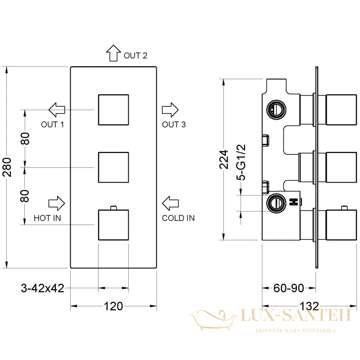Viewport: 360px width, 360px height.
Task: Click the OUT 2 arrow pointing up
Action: click(x=113, y=53)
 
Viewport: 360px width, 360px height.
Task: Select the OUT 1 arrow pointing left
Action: click(x=57, y=110)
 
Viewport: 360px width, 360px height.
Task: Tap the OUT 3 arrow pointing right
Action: click(x=170, y=110)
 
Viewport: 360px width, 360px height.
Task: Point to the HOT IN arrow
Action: click(x=57, y=203)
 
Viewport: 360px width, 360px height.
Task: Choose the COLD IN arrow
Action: click(x=170, y=203)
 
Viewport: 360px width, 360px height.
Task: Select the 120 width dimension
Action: click(x=113, y=306)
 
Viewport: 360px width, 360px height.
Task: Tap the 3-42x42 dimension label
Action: click(x=42, y=288)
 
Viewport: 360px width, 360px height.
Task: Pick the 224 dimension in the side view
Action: click(x=224, y=160)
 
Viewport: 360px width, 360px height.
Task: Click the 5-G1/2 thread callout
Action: click(x=241, y=162)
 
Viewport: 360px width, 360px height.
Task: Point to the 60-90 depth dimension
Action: click(x=289, y=288)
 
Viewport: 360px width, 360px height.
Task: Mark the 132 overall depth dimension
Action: click(x=309, y=306)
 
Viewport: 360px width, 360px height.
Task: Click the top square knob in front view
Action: click(x=113, y=110)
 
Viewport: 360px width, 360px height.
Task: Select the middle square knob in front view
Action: click(x=113, y=167)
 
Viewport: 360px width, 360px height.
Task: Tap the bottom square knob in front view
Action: click(x=113, y=225)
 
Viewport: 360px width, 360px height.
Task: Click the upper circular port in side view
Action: click(x=276, y=110)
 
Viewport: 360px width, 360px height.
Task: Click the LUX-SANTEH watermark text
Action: click(x=296, y=315)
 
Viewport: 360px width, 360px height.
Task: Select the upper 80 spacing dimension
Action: click(x=25, y=139)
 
